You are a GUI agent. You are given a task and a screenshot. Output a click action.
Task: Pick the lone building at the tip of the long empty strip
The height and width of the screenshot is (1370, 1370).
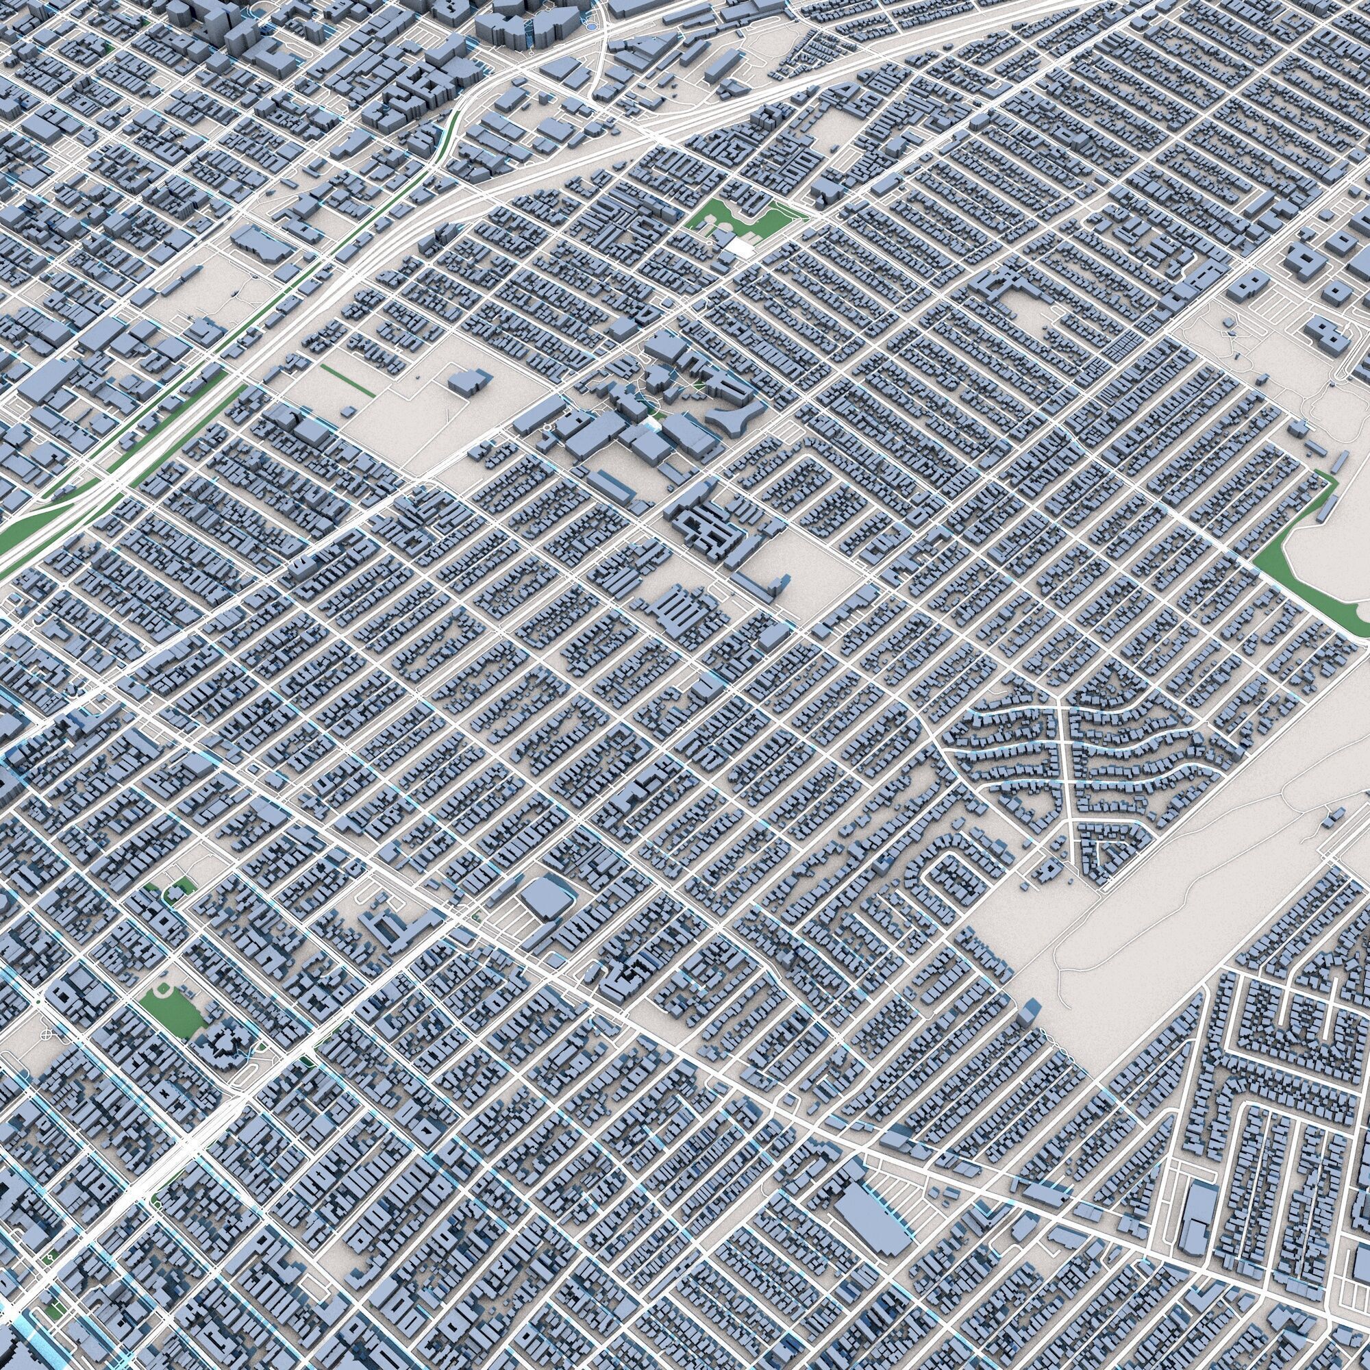pos(1030,1012)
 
